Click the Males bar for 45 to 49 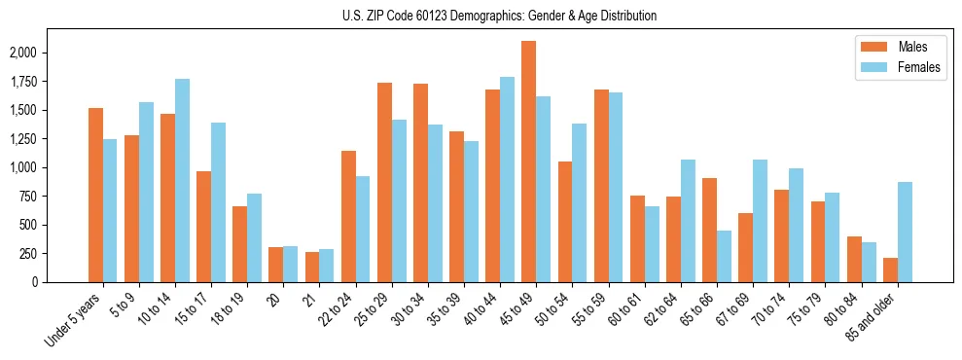[x=528, y=162]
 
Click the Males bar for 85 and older [x=890, y=270]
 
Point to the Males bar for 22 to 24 [x=348, y=216]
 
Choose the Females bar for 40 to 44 [x=507, y=179]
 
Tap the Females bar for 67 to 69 [x=760, y=221]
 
